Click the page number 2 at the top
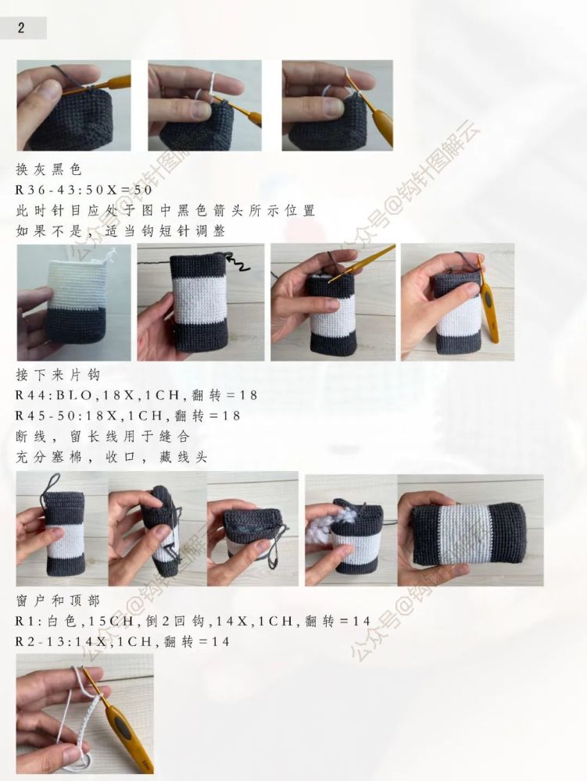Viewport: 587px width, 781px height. [21, 27]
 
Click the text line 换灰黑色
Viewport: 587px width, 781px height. [48, 169]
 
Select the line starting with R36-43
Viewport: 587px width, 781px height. [84, 190]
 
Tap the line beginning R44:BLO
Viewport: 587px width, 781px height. [137, 395]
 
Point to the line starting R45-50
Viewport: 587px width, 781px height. [128, 416]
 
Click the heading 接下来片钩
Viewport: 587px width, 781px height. [58, 375]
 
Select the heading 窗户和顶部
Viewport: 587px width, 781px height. [58, 600]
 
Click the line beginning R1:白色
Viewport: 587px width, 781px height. [193, 621]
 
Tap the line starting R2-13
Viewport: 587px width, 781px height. [123, 641]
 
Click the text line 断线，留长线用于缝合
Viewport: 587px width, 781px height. [102, 437]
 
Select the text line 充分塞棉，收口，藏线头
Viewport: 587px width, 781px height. [112, 457]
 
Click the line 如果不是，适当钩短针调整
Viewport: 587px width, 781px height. [120, 231]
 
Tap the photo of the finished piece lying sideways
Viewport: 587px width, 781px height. [471, 530]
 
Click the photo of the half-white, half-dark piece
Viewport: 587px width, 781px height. [73, 302]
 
